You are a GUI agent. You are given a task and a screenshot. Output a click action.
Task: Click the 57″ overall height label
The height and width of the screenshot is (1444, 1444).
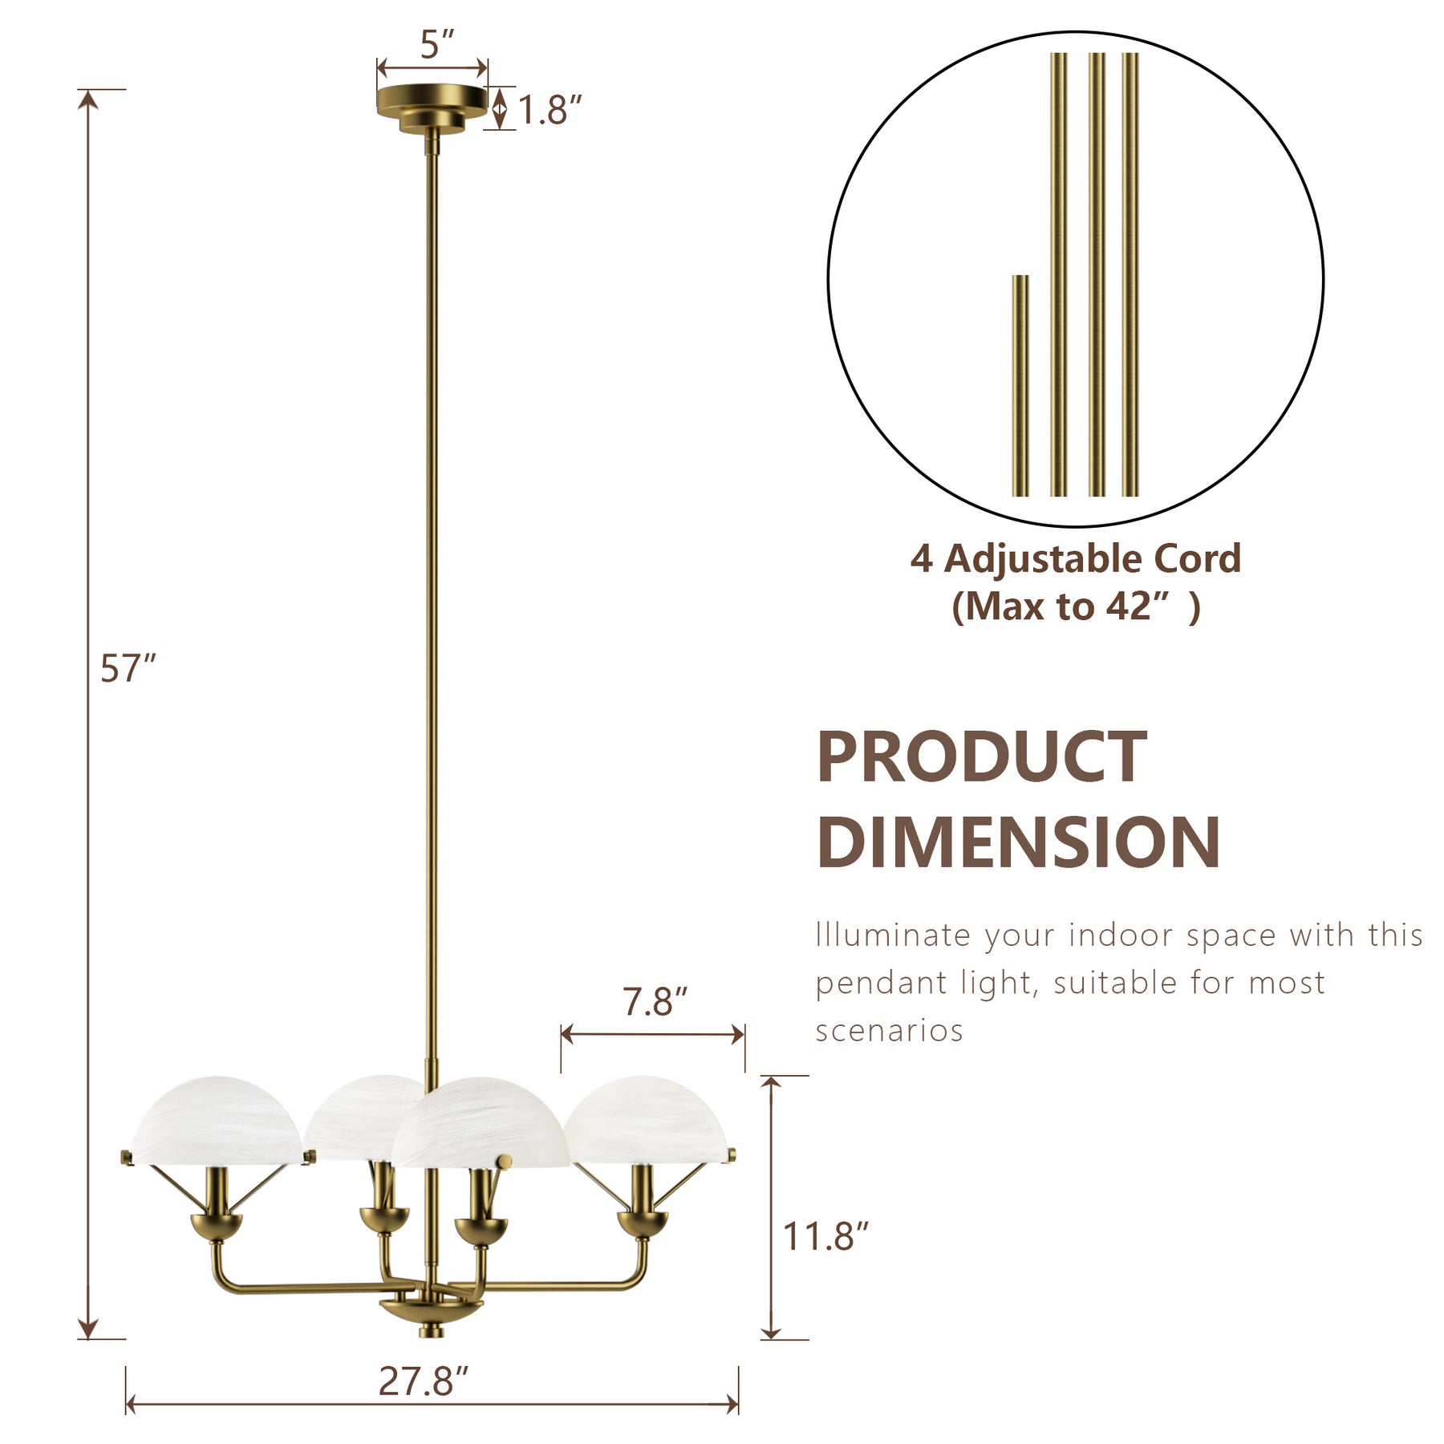point(128,668)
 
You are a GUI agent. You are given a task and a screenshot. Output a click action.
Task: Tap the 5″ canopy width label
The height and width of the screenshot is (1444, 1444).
point(438,44)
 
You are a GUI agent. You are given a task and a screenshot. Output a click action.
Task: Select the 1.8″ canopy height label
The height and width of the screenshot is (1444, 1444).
point(550,110)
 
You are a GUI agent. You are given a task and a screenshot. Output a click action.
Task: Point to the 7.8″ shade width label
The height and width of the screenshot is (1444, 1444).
point(655,1002)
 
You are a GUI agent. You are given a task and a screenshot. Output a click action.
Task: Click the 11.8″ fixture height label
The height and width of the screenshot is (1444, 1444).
point(825,1236)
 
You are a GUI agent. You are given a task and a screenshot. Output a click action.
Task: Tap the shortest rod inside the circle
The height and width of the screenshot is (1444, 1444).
point(1020,385)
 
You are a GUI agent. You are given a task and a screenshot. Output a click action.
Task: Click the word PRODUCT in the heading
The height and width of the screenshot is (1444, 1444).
point(981,756)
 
